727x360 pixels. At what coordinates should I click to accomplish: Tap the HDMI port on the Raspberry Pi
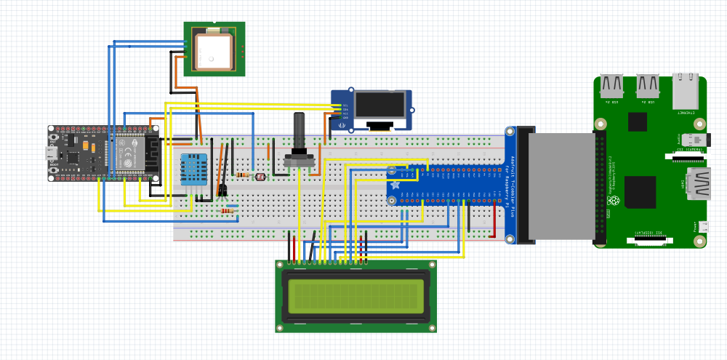699,185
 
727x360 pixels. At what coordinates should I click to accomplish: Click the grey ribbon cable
560,185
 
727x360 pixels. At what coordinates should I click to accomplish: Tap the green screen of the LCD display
356,295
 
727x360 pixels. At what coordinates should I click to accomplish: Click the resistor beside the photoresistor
243,175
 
